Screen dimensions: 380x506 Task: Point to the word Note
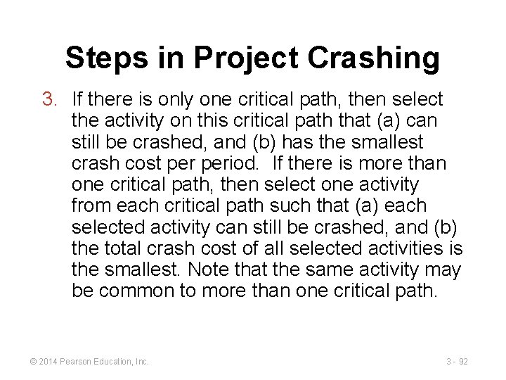212,270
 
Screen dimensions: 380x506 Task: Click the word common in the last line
144,291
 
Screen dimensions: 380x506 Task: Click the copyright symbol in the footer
33,362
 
